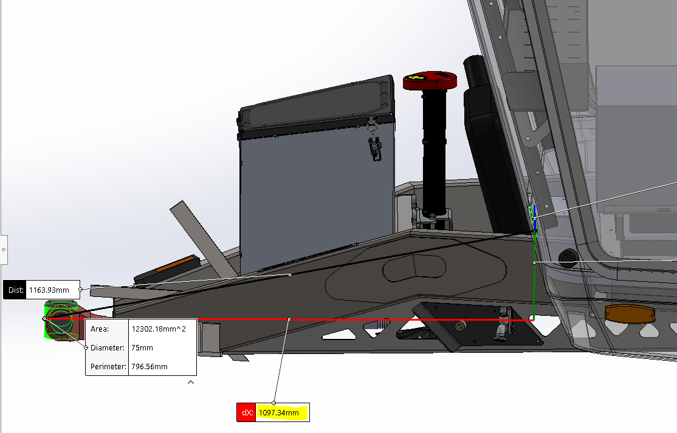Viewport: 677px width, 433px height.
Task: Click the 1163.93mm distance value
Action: (53, 290)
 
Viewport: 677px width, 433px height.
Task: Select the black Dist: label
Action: (15, 290)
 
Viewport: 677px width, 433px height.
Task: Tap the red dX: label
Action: (246, 413)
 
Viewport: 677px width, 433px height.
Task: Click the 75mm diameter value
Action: (142, 348)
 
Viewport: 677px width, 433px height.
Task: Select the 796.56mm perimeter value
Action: (149, 367)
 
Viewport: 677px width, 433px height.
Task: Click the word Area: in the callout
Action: (100, 329)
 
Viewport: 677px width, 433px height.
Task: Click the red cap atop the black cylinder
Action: (430, 81)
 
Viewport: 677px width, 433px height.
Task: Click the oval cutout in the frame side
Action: (414, 268)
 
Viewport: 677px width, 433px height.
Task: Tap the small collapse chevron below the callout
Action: (191, 383)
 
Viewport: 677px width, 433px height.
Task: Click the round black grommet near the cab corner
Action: (568, 257)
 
